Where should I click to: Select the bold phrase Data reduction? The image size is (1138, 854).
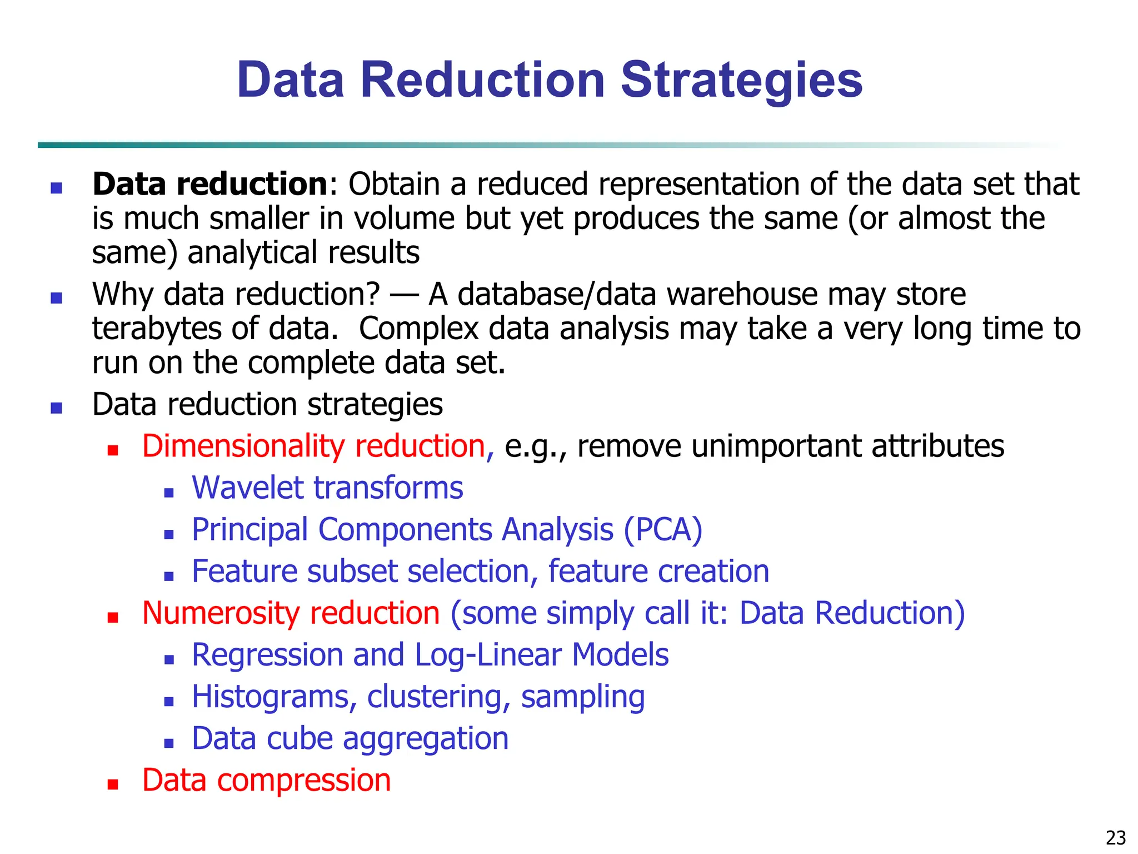click(x=210, y=184)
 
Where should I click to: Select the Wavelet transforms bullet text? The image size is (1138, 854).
click(x=327, y=488)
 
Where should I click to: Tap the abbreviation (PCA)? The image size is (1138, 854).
click(x=663, y=529)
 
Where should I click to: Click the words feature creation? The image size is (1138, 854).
click(x=658, y=571)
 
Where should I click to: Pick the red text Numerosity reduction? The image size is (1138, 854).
click(x=291, y=613)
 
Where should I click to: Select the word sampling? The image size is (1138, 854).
click(x=583, y=697)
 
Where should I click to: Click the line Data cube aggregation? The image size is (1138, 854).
click(x=350, y=738)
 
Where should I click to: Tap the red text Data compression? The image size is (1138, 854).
click(x=266, y=780)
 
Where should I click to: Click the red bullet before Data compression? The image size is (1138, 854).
click(x=113, y=785)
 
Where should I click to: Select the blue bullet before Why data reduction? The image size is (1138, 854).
click(x=56, y=299)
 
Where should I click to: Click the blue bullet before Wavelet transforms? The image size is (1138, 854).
click(x=169, y=492)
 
